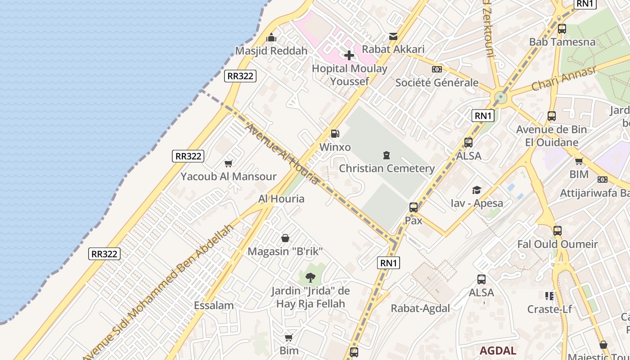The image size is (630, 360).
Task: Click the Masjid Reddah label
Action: (x=271, y=51)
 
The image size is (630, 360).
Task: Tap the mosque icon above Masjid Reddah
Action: (x=271, y=37)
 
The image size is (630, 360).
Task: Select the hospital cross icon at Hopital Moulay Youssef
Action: (x=349, y=55)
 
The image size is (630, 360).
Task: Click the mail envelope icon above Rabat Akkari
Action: (x=393, y=36)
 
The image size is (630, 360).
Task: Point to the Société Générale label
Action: (x=436, y=82)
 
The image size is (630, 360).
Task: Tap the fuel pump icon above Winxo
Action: (x=335, y=134)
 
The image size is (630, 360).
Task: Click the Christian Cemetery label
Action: (x=387, y=169)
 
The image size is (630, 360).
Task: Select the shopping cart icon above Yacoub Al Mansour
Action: (x=228, y=163)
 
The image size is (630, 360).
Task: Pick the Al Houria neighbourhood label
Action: (x=281, y=198)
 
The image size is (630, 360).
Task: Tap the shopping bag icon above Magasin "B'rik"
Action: (x=285, y=238)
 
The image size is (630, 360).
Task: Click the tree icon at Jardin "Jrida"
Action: (x=310, y=278)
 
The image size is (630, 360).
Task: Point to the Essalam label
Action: (x=214, y=306)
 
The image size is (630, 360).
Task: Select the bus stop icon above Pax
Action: (x=414, y=207)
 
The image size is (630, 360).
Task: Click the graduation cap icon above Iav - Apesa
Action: (x=477, y=190)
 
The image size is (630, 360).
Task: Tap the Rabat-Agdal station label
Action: (x=420, y=308)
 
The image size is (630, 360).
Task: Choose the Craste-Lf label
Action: (x=549, y=309)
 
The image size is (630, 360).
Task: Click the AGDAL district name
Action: (x=498, y=351)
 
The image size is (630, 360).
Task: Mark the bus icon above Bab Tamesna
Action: (x=562, y=29)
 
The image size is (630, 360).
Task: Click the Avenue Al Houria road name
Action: (x=282, y=154)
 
